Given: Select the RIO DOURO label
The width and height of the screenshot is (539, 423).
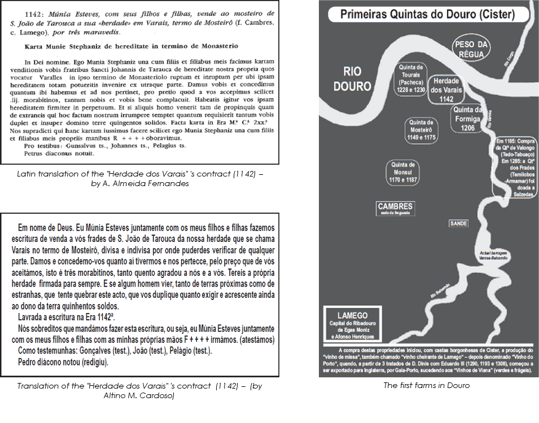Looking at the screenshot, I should point(352,78).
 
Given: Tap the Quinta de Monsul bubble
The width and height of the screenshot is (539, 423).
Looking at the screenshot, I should point(404,172).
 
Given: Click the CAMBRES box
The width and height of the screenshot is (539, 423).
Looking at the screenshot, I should point(396,208).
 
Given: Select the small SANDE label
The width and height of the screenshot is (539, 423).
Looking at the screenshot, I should point(458,223).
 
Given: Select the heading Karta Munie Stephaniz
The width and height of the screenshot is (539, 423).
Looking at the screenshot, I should point(127,45).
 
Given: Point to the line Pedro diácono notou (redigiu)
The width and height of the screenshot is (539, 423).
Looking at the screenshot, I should point(63,362).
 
